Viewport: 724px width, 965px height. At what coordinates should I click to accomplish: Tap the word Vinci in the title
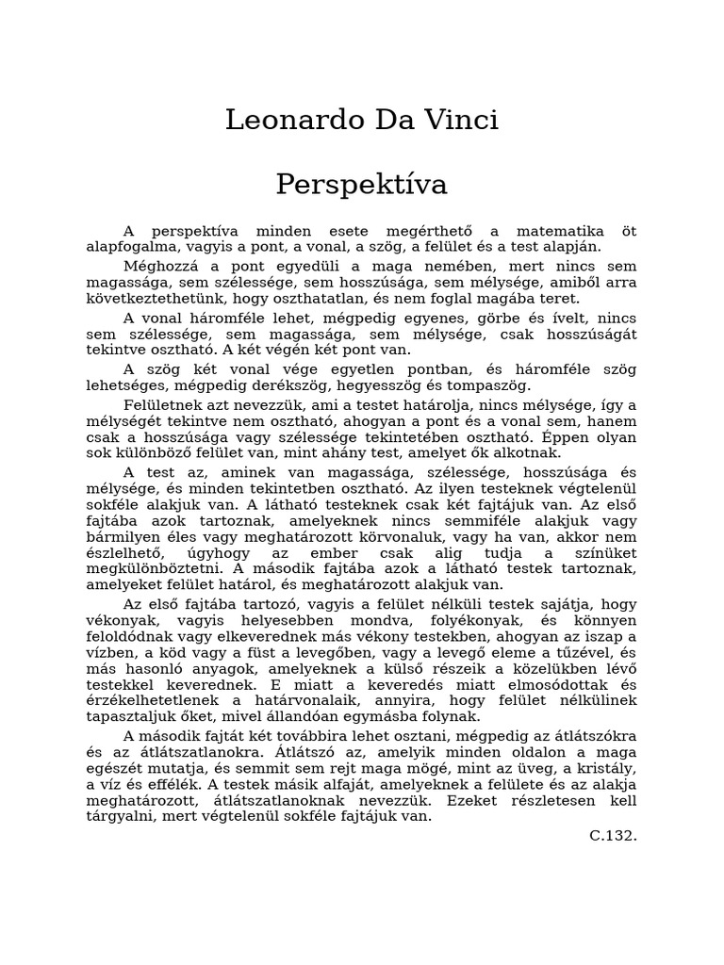[x=460, y=121]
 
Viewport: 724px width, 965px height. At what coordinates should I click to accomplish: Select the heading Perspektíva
[x=362, y=185]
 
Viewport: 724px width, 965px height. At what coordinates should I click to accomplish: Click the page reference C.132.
[x=613, y=835]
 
